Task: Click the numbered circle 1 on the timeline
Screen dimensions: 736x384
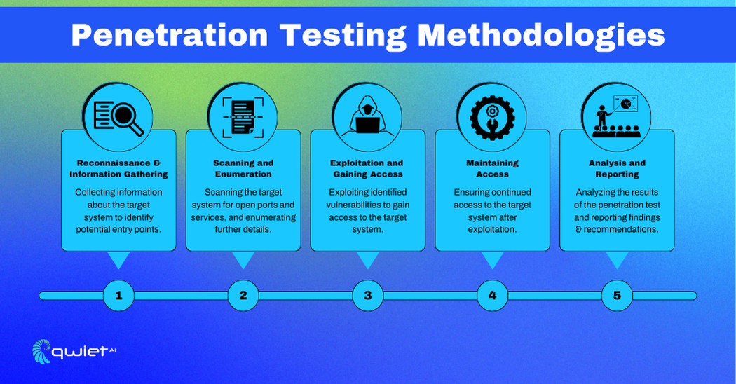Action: (x=118, y=295)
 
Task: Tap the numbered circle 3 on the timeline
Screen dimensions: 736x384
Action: (x=368, y=295)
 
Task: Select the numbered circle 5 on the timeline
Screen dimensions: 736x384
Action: (x=618, y=295)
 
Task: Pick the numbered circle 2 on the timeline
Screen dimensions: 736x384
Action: (x=243, y=295)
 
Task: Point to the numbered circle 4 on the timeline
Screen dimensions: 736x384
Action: (x=492, y=295)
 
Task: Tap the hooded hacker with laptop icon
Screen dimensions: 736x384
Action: (x=367, y=116)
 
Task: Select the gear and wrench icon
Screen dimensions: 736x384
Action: (x=492, y=117)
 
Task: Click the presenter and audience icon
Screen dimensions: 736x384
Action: (x=617, y=116)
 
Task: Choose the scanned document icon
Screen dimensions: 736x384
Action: (x=243, y=117)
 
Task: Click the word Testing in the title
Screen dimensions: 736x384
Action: (x=342, y=36)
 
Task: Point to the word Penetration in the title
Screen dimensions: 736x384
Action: (x=170, y=35)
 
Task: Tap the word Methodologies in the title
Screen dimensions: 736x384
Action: (x=541, y=36)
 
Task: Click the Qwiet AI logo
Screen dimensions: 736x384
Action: (x=74, y=351)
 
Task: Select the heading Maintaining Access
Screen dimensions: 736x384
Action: (x=492, y=169)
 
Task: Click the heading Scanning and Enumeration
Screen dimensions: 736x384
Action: (x=243, y=169)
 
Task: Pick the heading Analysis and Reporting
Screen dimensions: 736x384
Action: (x=618, y=169)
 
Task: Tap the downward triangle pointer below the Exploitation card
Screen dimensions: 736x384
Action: (x=368, y=259)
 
